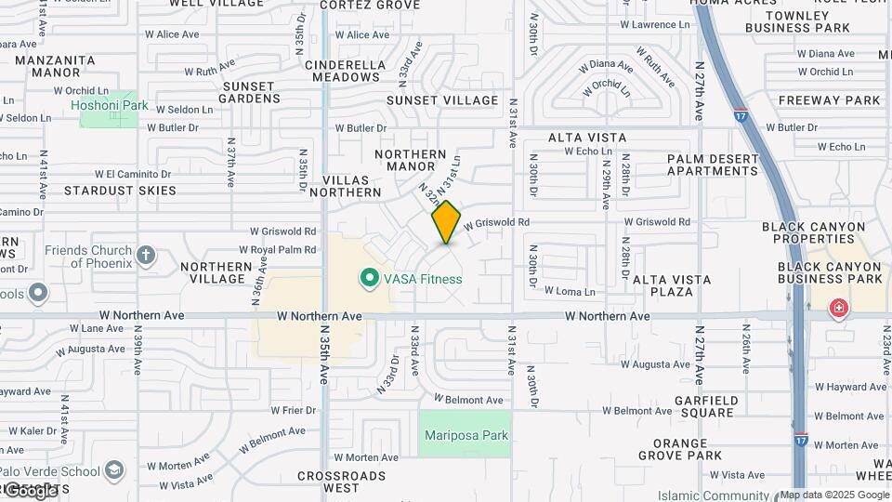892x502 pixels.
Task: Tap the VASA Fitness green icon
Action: point(369,278)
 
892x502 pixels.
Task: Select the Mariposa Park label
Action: point(466,435)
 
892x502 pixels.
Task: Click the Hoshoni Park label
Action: point(110,105)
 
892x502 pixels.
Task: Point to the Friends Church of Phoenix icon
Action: point(146,254)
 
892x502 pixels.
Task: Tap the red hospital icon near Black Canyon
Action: point(839,308)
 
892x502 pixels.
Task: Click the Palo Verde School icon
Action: point(114,469)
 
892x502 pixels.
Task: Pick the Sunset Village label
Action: point(442,100)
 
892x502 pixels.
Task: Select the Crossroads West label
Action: point(341,482)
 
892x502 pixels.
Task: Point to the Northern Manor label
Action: point(411,160)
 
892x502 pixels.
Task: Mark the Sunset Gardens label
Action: point(249,92)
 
